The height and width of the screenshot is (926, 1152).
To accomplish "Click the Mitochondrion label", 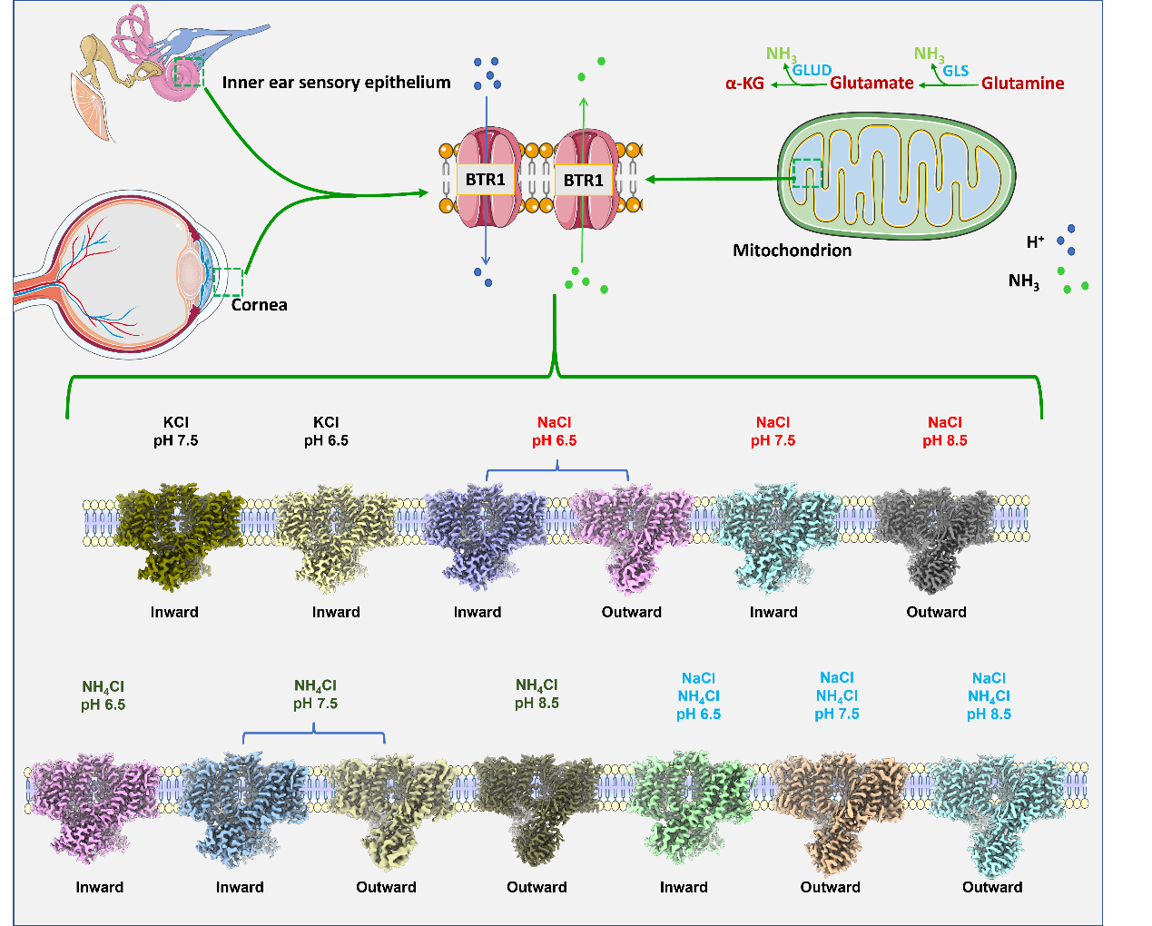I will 792,251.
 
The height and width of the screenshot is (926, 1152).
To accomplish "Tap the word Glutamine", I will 1022,84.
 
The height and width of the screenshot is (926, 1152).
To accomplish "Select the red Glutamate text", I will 871,84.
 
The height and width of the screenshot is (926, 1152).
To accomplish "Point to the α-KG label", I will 744,84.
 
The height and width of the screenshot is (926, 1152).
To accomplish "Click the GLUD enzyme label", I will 812,70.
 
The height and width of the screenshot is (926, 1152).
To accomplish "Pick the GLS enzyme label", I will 955,71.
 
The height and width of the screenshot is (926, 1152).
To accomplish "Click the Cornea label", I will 259,305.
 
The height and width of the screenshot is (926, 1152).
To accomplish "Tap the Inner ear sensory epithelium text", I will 336,83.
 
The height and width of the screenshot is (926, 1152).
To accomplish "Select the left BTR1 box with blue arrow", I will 486,180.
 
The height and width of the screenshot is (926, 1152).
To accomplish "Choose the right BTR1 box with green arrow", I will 584,180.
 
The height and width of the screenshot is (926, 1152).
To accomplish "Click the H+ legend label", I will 1035,242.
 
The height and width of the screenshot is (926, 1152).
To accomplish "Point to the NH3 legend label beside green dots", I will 1024,281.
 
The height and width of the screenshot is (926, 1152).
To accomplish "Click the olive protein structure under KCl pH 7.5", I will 174,536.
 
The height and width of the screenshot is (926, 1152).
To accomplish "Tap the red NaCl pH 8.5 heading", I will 945,431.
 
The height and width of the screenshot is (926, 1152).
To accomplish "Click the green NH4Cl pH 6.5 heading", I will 103,695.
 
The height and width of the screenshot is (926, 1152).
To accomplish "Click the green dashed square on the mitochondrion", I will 806,173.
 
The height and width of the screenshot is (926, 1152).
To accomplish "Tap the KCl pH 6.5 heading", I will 326,431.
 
